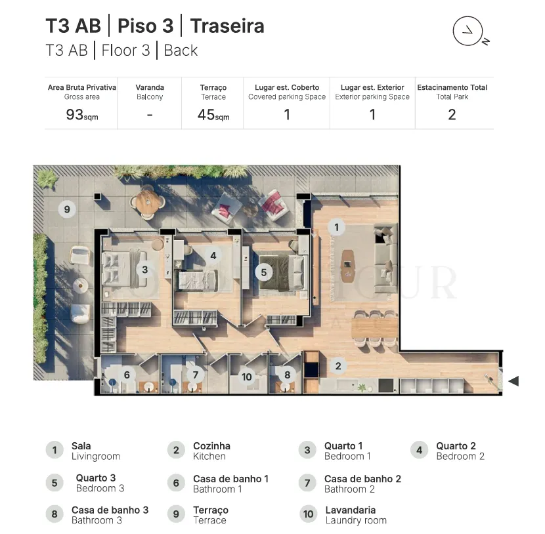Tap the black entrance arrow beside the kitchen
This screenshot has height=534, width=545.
[x=513, y=381]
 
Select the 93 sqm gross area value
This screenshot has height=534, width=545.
[x=82, y=115]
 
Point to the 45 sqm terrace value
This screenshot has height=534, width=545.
[x=213, y=115]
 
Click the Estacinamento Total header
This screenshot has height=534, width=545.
[x=452, y=87]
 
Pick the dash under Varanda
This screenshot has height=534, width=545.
[x=150, y=115]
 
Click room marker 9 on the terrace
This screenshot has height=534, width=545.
[x=67, y=209]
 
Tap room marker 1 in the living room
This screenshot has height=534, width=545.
[x=336, y=227]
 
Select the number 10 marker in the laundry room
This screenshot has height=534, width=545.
[x=246, y=377]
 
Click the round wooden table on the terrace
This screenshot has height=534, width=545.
[x=148, y=202]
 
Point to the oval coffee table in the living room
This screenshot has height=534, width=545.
[x=347, y=266]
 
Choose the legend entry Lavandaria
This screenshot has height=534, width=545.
[x=351, y=510]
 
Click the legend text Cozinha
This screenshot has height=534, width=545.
[x=211, y=446]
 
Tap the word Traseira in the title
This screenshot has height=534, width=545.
[x=227, y=26]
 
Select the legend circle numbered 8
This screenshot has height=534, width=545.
[x=54, y=514]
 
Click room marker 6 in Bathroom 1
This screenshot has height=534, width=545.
[x=127, y=375]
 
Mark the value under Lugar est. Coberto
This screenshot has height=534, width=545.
[x=287, y=115]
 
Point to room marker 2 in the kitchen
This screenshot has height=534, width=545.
[x=338, y=365]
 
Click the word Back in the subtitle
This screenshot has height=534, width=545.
[x=181, y=51]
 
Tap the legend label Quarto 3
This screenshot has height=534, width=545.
[x=96, y=478]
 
